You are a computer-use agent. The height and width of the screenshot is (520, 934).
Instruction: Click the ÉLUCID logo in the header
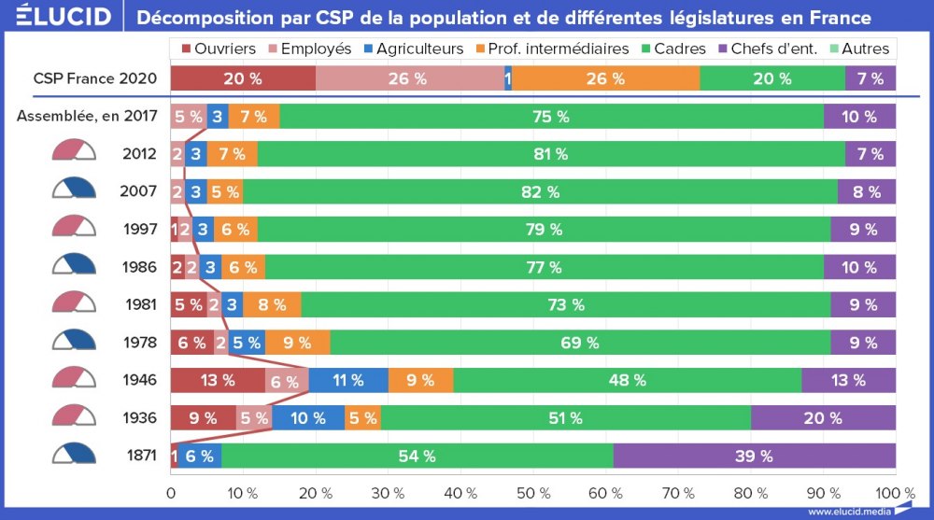click(x=57, y=17)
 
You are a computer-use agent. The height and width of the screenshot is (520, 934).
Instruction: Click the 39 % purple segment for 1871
click(x=755, y=456)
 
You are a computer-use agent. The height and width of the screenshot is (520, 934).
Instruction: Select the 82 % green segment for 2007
click(x=540, y=191)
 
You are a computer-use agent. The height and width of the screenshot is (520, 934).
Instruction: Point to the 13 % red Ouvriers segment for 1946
click(x=218, y=380)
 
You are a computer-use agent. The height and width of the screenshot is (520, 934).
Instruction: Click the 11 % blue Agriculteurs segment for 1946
click(x=348, y=380)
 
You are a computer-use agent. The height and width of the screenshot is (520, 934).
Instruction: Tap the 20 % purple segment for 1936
click(x=823, y=417)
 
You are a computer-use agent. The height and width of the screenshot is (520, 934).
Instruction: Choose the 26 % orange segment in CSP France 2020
click(x=605, y=78)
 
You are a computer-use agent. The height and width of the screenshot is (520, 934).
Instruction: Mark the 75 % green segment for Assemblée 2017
click(x=551, y=117)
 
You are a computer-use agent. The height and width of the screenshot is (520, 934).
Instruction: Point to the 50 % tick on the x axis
click(x=532, y=492)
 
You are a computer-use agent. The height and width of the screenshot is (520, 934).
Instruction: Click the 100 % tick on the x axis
click(x=895, y=492)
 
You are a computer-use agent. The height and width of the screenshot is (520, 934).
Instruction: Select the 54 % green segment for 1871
click(x=417, y=456)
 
